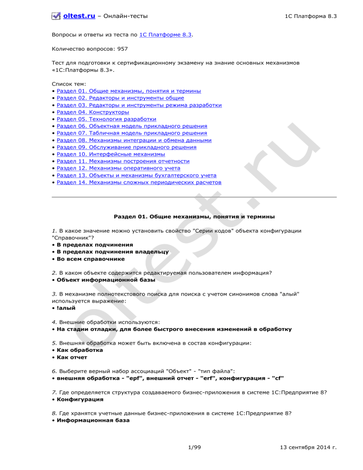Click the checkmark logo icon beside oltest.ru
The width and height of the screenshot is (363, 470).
(x=56, y=17)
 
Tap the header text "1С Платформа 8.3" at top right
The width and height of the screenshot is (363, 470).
(x=311, y=17)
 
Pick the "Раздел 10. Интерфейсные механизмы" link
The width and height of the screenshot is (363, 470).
(x=111, y=154)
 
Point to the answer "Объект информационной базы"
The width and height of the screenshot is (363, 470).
(x=106, y=280)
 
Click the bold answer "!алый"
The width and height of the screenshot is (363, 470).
(x=66, y=308)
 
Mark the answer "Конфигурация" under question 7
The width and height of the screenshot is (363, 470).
(x=80, y=399)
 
